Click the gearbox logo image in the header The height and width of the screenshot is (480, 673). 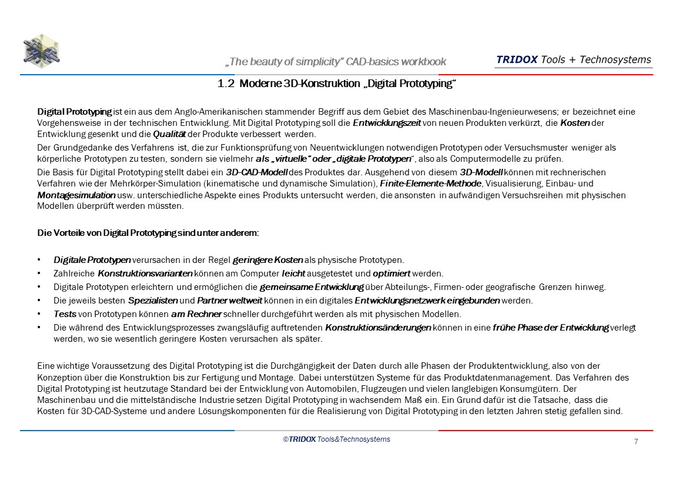pyautogui.click(x=42, y=51)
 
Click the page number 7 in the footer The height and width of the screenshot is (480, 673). pyautogui.click(x=636, y=442)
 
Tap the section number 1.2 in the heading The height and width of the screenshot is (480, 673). pyautogui.click(x=226, y=84)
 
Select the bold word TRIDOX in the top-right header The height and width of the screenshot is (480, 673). pyautogui.click(x=517, y=59)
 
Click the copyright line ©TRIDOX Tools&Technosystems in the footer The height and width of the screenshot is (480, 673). pyautogui.click(x=336, y=439)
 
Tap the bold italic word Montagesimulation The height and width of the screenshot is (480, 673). pyautogui.click(x=76, y=195)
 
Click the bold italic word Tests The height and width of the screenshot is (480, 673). pyautogui.click(x=65, y=314)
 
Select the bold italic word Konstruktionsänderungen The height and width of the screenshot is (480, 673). pyautogui.click(x=378, y=328)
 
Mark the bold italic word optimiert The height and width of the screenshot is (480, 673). pyautogui.click(x=392, y=274)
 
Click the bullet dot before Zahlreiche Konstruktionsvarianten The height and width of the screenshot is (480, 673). pyautogui.click(x=39, y=274)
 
